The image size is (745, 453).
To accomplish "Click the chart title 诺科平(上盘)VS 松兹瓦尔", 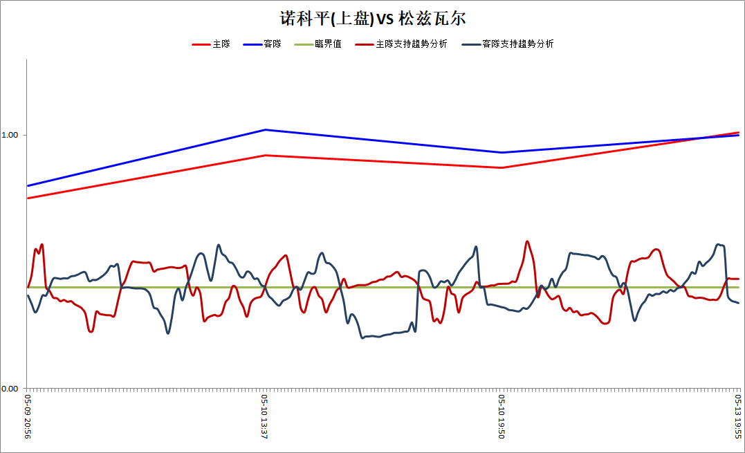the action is coord(372,19).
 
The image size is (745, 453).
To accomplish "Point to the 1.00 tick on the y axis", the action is coord(10,135).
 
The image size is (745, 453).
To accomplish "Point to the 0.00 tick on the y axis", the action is coord(10,389).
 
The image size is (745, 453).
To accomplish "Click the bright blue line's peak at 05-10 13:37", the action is coord(265,129).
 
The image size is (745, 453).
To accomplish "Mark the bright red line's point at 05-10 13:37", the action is coord(265,156).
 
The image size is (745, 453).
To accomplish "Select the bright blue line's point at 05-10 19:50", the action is coord(502,152).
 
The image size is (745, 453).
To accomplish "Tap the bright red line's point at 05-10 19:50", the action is coord(502,167).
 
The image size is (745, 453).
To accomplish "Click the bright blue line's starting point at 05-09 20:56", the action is coord(28,185).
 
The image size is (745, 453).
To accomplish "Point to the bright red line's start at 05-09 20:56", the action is coord(28,198).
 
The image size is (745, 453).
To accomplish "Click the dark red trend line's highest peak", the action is coord(527,241).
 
